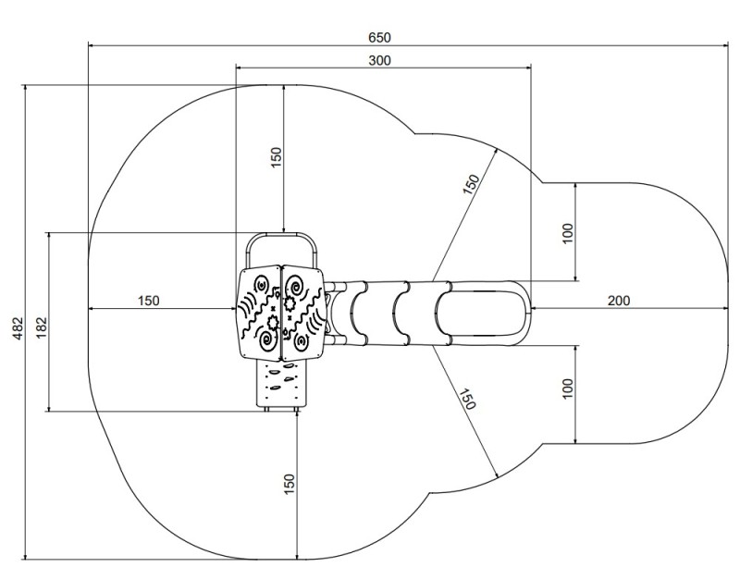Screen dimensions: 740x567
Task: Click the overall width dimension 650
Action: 379,37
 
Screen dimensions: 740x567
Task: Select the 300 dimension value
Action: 379,60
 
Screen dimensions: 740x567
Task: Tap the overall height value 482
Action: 18,327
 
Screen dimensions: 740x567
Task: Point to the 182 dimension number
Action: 42,327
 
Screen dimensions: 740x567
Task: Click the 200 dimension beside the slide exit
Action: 618,301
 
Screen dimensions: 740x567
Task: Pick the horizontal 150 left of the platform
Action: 148,301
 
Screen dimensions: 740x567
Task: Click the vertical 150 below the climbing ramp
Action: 290,484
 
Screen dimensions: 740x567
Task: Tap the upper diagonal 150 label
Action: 471,184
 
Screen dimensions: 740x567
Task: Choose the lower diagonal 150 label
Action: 467,400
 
